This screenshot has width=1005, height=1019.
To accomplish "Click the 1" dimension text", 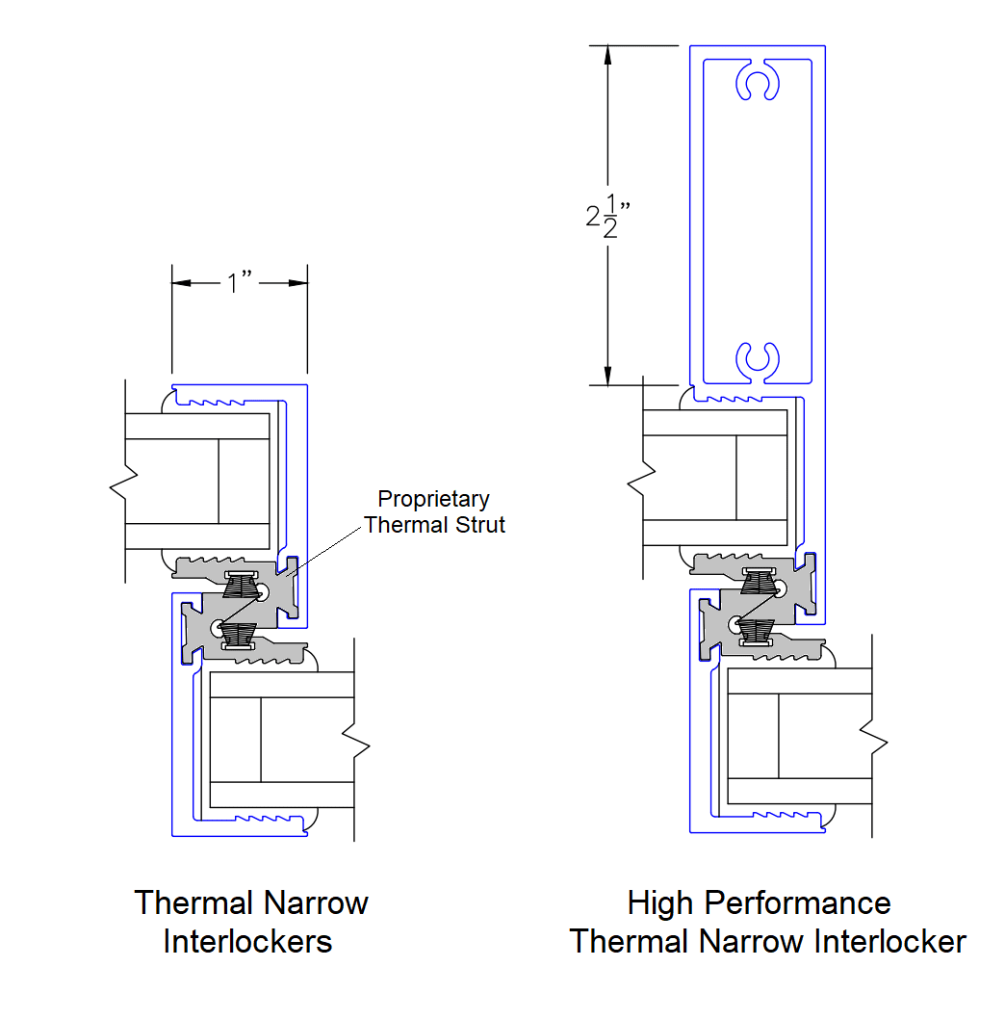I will [x=239, y=283].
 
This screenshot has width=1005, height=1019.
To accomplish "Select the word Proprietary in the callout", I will [x=433, y=499].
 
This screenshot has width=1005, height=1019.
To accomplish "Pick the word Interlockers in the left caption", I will [x=248, y=941].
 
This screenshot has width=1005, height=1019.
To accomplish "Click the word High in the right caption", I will [x=660, y=903].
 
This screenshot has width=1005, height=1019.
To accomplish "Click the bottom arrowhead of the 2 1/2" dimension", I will [x=607, y=375].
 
